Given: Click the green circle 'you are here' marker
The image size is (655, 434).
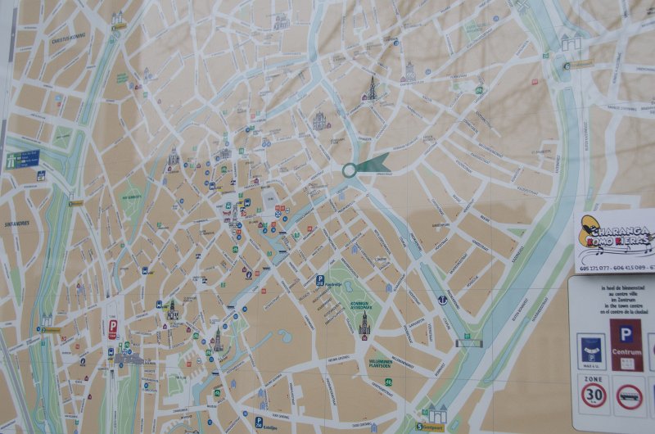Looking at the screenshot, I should point(350,170).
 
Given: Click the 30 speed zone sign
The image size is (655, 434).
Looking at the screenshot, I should point(593,396).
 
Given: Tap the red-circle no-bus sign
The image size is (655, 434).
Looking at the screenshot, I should point(629,397).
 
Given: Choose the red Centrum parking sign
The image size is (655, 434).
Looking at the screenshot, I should point(626,345).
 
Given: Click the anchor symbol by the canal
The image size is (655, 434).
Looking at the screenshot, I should point(442,301).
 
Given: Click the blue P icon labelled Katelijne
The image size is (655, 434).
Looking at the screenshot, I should point(259,421).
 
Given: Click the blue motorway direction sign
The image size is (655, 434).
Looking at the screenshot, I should point(23,158).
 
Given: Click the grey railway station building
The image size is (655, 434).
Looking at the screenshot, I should point(129,359).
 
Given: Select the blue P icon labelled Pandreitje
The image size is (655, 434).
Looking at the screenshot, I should point(320,279).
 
